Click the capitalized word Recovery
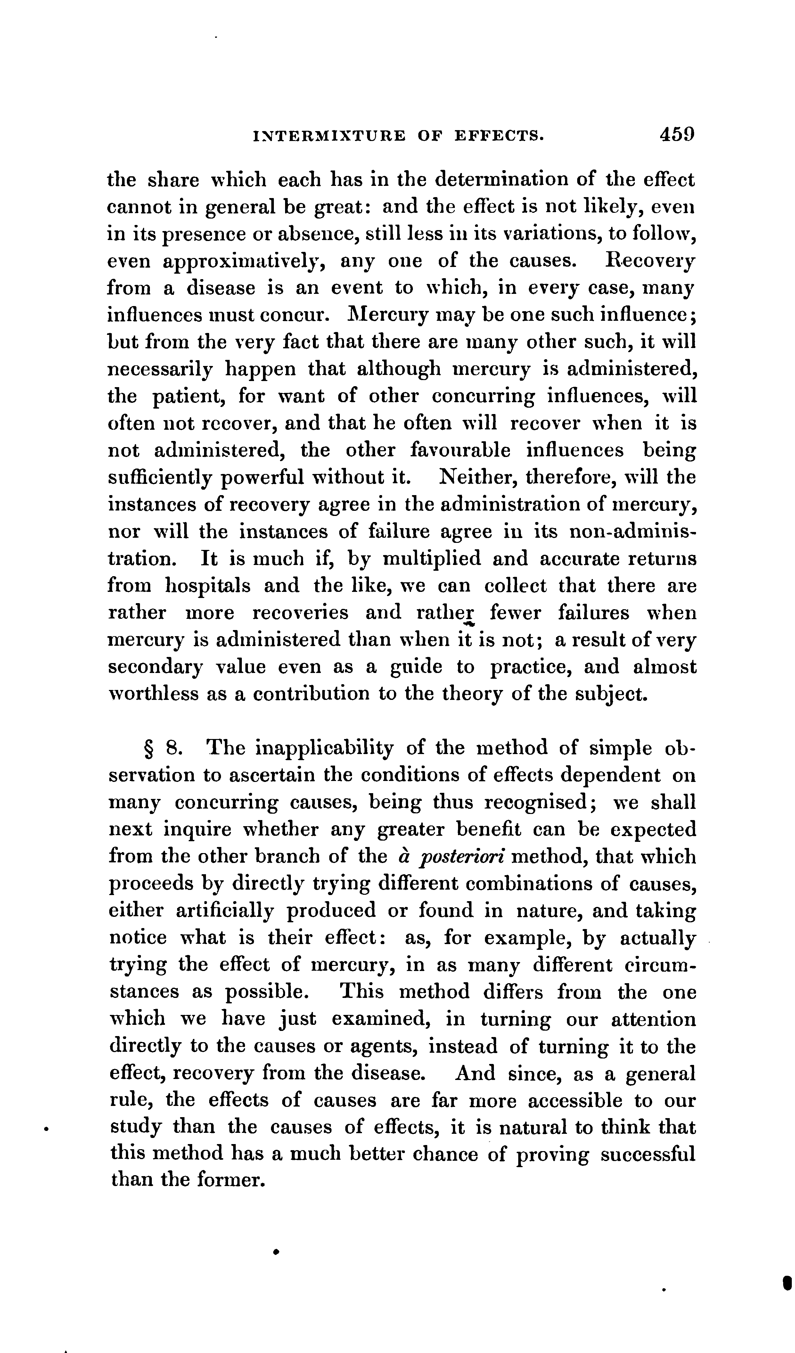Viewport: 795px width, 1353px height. tap(650, 261)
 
